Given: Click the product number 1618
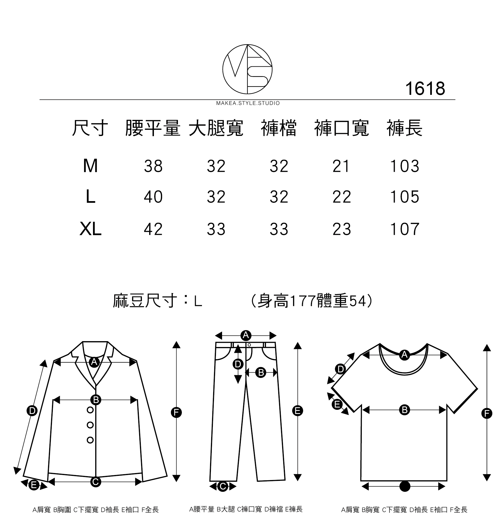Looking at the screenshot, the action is pyautogui.click(x=425, y=89).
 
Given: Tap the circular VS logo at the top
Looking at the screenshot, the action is pyautogui.click(x=247, y=69).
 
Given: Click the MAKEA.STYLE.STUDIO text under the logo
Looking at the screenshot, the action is pyautogui.click(x=248, y=103).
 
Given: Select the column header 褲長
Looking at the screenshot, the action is pyautogui.click(x=404, y=128).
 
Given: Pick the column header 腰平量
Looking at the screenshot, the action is pyautogui.click(x=153, y=128).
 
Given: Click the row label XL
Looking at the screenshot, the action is pyautogui.click(x=90, y=229).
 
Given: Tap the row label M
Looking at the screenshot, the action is pyautogui.click(x=90, y=166).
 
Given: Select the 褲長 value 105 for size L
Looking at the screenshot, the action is pyautogui.click(x=404, y=197).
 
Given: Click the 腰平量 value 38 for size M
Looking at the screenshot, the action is pyautogui.click(x=153, y=166).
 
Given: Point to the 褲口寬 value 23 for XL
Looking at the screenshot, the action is pyautogui.click(x=342, y=229).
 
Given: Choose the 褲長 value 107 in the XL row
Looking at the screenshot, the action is pyautogui.click(x=404, y=229).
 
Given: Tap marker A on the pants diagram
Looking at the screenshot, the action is pyautogui.click(x=246, y=335).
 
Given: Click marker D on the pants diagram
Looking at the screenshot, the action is pyautogui.click(x=238, y=364).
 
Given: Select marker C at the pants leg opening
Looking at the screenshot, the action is pyautogui.click(x=223, y=486).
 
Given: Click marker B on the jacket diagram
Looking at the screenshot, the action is pyautogui.click(x=96, y=400).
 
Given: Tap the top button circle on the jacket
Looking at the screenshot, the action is pyautogui.click(x=90, y=410).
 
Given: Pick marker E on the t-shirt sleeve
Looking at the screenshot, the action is pyautogui.click(x=337, y=404).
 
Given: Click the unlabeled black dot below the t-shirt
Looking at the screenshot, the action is pyautogui.click(x=404, y=486).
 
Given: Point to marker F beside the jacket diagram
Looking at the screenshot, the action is pyautogui.click(x=176, y=412).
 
